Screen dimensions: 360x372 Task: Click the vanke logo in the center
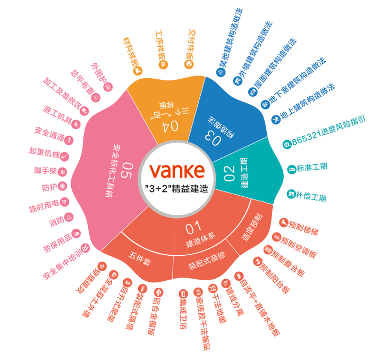tap(177, 170)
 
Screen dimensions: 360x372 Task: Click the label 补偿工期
tap(311, 196)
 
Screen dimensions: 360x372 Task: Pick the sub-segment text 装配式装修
tap(207, 262)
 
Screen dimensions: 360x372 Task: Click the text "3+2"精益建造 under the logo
tap(177, 188)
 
